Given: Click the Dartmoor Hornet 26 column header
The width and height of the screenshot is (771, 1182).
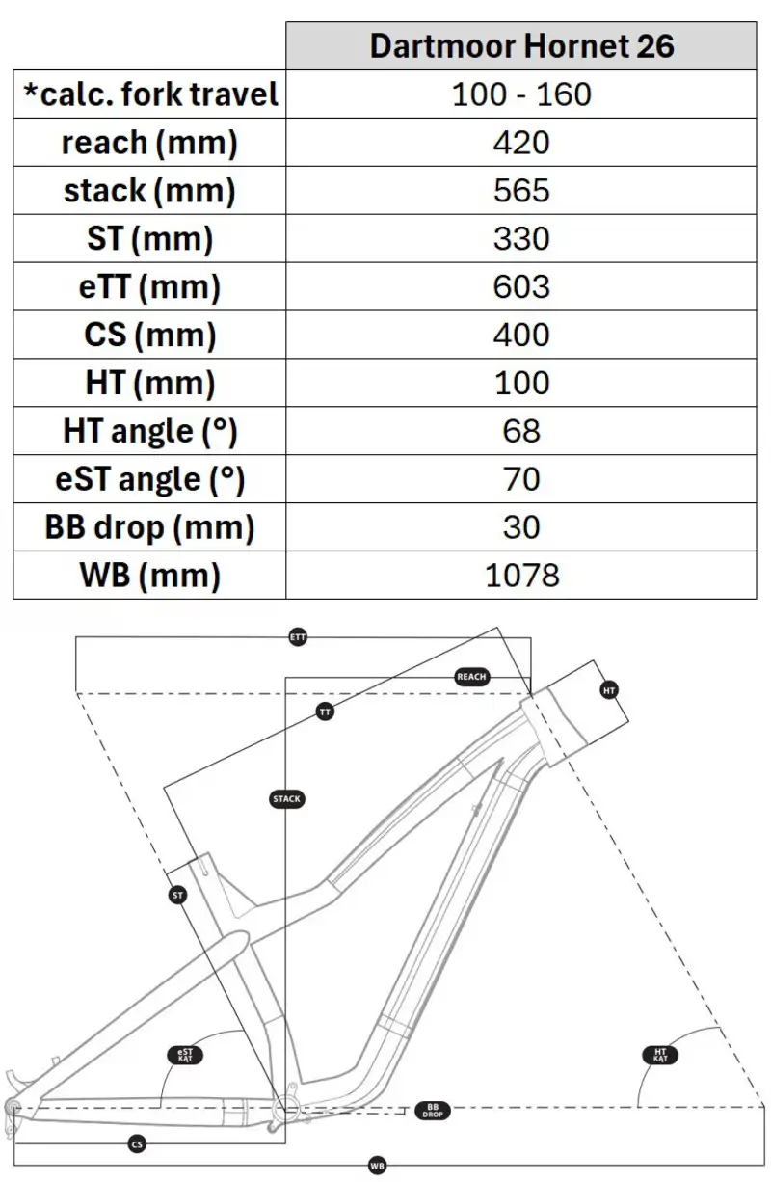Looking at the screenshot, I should [x=521, y=46].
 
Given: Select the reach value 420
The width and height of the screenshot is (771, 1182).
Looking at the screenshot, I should [x=521, y=143].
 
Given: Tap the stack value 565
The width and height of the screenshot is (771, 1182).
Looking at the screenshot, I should [x=521, y=191].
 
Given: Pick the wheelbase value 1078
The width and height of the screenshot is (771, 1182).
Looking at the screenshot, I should [x=521, y=576].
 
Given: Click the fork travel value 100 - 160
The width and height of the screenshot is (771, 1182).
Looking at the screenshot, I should [x=521, y=94].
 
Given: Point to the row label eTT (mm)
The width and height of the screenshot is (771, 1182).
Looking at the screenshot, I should [x=149, y=287].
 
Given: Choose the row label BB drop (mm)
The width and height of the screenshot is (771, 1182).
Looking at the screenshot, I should [x=149, y=527].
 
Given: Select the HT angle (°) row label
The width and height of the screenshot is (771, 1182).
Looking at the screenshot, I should [x=149, y=431].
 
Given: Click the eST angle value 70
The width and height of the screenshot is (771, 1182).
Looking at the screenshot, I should [x=521, y=479].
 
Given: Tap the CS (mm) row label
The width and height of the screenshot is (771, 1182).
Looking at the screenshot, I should [x=149, y=336].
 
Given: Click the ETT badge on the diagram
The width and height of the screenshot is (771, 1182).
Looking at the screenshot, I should [x=299, y=637].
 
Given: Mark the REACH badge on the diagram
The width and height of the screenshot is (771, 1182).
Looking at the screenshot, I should [x=471, y=677].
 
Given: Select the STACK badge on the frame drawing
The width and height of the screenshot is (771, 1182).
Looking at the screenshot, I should [x=287, y=799].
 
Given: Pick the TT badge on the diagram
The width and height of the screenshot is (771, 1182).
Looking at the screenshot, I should [x=325, y=712].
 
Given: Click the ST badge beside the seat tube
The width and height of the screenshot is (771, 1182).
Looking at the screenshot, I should [x=177, y=896].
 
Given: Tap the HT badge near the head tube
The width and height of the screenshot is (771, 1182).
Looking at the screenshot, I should [x=609, y=690].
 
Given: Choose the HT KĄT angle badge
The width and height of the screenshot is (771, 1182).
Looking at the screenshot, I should [x=659, y=1056].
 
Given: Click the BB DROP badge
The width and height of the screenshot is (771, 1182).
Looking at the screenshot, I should [x=432, y=1111].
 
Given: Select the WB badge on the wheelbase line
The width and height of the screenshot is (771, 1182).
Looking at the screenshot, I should [x=377, y=1167].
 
